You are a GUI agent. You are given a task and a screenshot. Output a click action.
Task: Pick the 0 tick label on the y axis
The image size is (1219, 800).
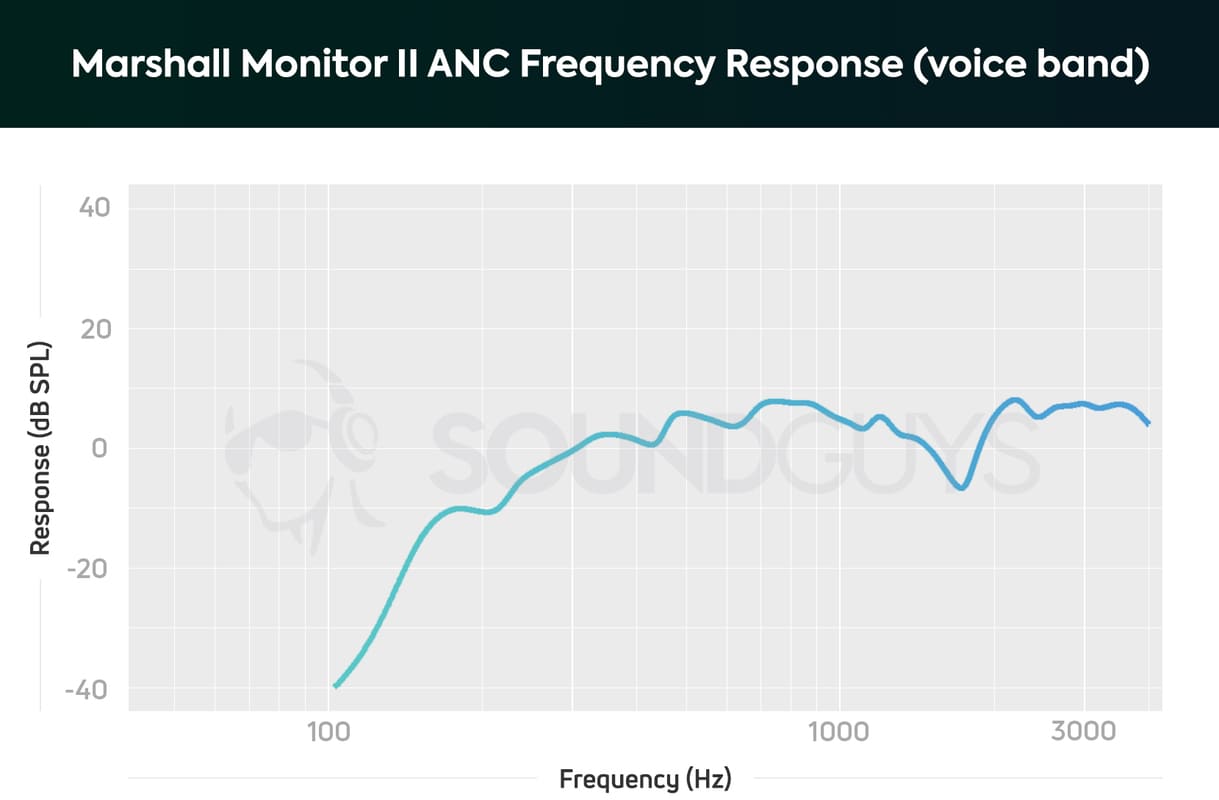(x=99, y=449)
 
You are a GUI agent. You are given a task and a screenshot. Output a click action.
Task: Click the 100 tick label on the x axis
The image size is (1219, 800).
(x=328, y=731)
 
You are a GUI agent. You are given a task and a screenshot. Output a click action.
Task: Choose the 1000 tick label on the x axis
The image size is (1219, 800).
(x=838, y=731)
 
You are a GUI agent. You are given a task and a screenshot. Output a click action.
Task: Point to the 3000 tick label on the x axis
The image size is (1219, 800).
(x=1083, y=731)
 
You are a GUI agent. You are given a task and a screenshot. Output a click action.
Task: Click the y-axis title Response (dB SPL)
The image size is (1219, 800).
(x=40, y=448)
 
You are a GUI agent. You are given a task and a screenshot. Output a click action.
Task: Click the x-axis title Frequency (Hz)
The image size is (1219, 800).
(x=645, y=778)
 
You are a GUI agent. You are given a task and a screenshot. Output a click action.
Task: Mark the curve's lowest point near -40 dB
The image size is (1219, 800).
(x=336, y=686)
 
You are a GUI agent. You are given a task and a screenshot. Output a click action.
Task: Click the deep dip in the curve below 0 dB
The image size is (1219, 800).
(x=961, y=488)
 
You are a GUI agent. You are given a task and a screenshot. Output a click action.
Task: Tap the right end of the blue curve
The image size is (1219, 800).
(x=1149, y=422)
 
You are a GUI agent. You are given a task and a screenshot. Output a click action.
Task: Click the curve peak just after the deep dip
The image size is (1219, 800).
(x=1015, y=399)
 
